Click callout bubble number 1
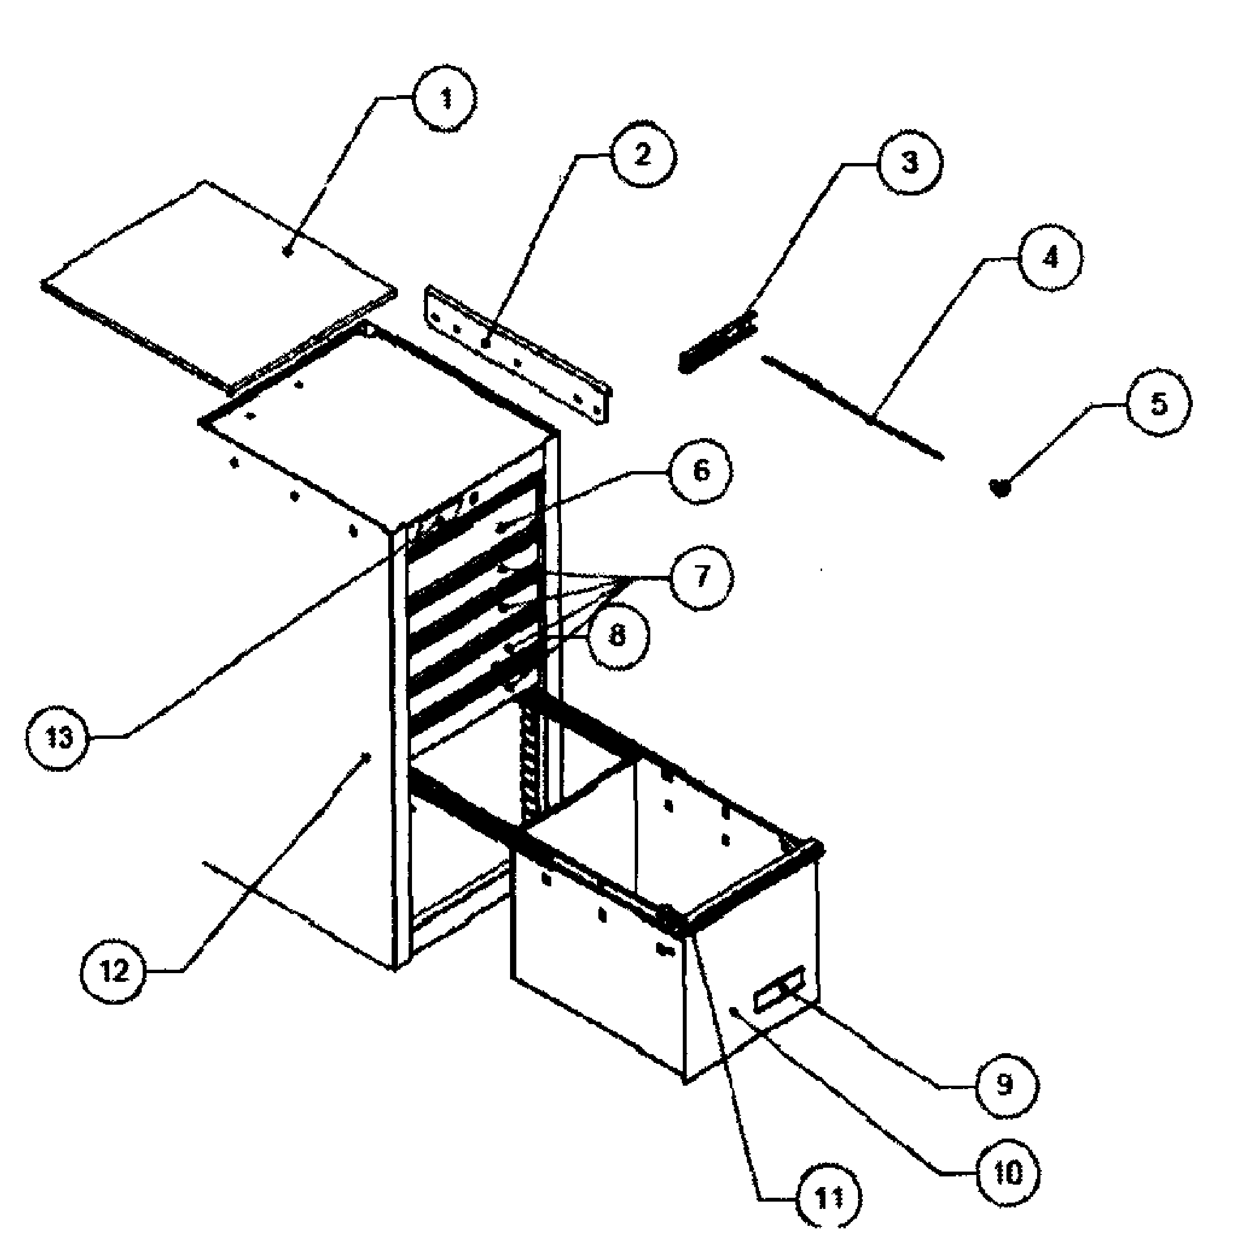click(x=445, y=102)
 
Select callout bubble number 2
click(x=642, y=156)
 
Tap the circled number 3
click(x=909, y=162)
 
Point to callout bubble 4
click(x=1050, y=258)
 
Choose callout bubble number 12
click(x=114, y=971)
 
